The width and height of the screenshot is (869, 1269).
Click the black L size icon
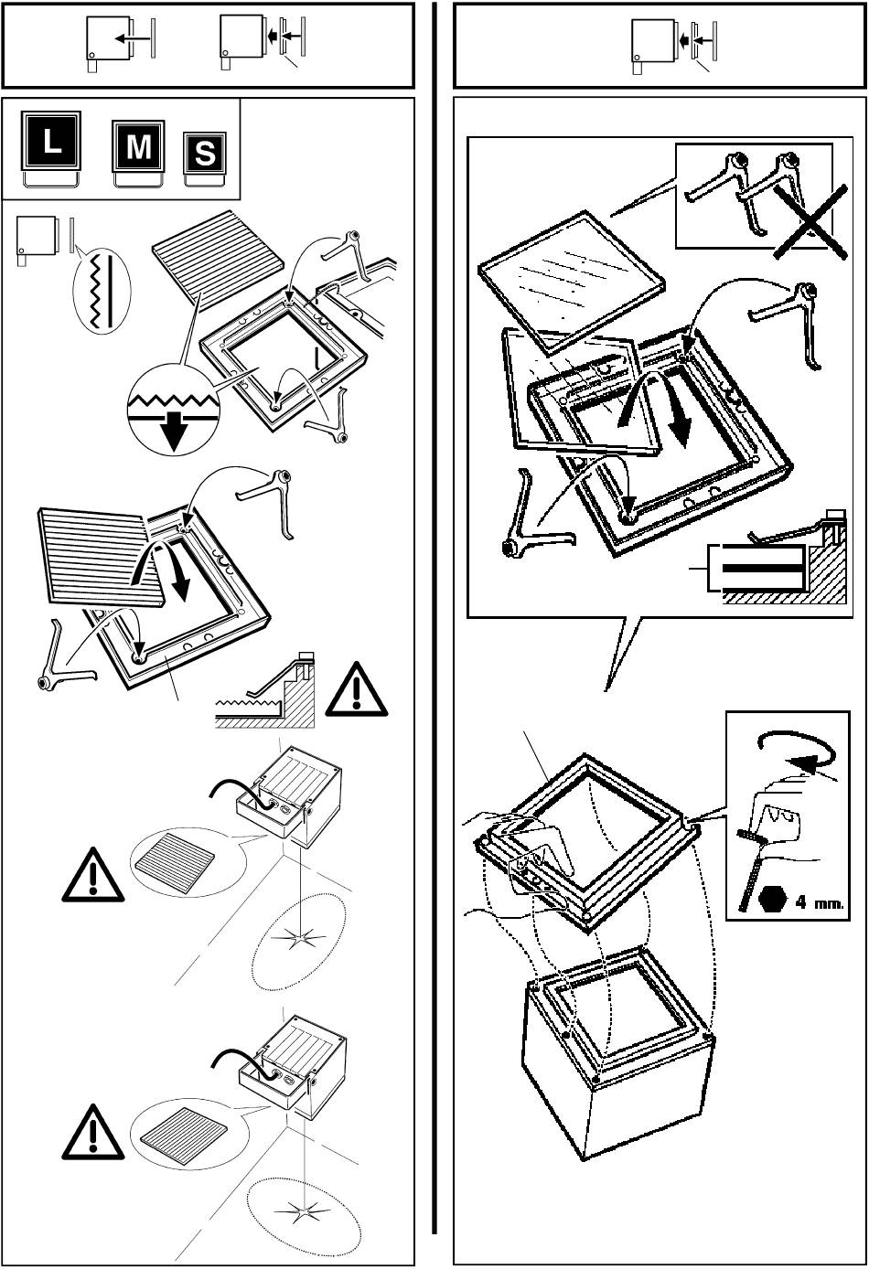[51, 144]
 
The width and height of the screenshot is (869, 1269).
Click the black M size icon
[137, 149]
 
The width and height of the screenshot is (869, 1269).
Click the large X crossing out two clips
[802, 219]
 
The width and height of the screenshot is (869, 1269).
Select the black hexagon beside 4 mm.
[771, 901]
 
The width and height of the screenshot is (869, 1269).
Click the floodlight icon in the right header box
[651, 46]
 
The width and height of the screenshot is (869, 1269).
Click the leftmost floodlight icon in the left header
[102, 42]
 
